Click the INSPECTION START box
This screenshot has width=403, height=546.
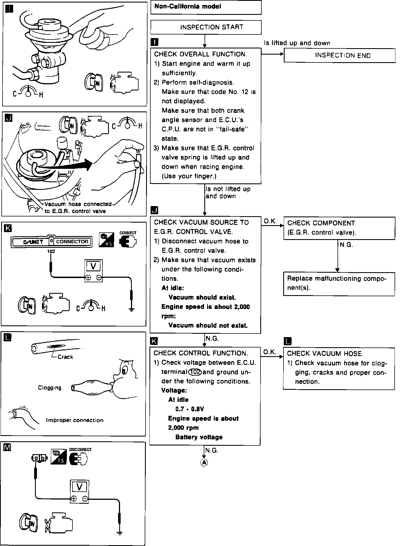tap(206, 27)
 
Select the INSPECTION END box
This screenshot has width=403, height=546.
tap(339, 55)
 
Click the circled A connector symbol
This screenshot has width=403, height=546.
tap(204, 463)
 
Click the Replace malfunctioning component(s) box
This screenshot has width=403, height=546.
tap(339, 283)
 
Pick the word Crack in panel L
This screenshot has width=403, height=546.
tap(65, 357)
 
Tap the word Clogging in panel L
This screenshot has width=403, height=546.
tap(50, 388)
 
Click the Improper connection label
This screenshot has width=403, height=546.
tap(75, 420)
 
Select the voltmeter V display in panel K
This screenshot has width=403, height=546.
tap(93, 266)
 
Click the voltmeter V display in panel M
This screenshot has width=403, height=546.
tap(79, 487)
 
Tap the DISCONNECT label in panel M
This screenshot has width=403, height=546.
tap(80, 449)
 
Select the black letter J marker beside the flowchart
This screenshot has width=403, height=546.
tap(154, 210)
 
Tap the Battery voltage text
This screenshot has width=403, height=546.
tap(199, 437)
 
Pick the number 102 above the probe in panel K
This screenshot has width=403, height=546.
tap(51, 251)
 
